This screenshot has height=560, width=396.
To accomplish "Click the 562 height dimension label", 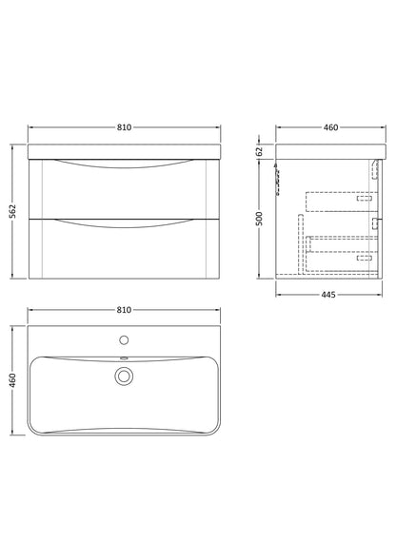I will [x=12, y=211].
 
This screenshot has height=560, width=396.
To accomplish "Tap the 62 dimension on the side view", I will [x=258, y=150].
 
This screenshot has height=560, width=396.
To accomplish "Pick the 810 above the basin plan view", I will [x=123, y=310].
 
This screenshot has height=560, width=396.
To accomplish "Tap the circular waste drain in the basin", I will [x=123, y=377].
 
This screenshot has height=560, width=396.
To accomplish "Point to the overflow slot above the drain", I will [x=123, y=358].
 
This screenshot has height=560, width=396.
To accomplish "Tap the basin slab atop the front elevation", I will [x=123, y=150].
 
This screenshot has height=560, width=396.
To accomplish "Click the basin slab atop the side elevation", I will [x=330, y=150].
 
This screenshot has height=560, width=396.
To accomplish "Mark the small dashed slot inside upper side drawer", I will [x=364, y=201].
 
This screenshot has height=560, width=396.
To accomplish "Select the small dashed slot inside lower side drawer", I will [x=364, y=256].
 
